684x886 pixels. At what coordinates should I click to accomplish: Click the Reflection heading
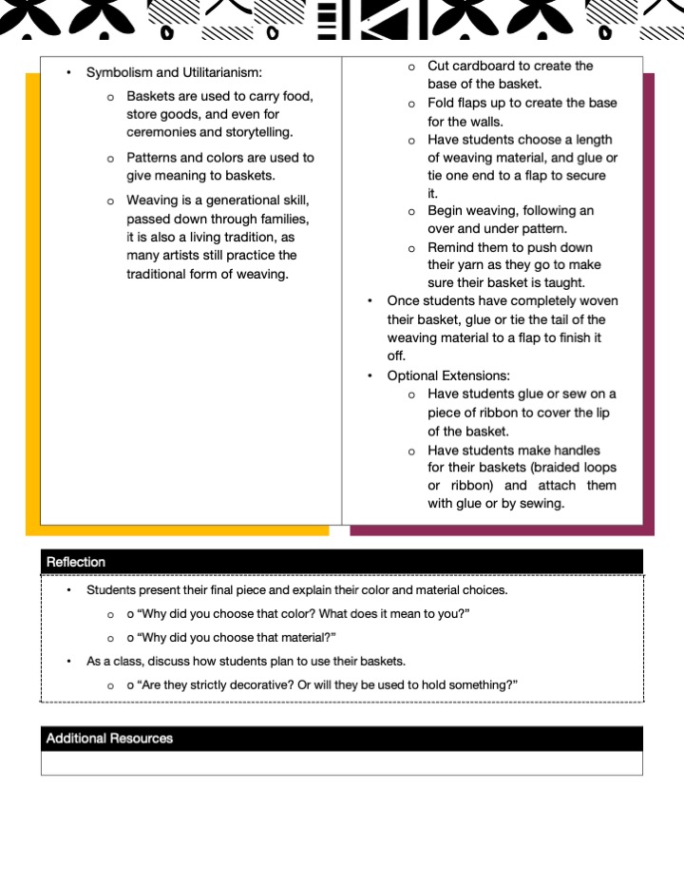pos(76,562)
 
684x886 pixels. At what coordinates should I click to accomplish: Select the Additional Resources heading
pos(109,739)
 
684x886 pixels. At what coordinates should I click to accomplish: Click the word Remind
pos(450,247)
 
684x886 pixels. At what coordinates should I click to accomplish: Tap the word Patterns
pos(152,158)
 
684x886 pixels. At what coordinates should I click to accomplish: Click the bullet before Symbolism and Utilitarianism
pos(68,72)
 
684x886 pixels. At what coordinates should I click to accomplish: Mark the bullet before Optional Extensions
pos(370,376)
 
